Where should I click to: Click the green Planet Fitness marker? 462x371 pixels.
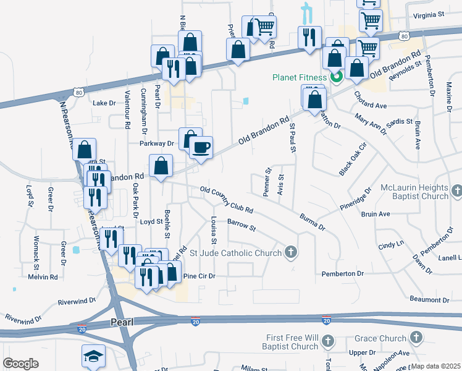tap(337, 77)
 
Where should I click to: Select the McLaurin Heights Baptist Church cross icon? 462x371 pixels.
tap(456, 192)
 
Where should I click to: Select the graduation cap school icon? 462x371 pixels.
tap(93, 356)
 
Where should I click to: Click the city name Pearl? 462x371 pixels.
tap(122, 322)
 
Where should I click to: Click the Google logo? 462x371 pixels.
tap(20, 364)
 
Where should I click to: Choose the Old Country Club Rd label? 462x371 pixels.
tap(227, 200)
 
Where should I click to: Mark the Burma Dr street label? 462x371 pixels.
tap(311, 222)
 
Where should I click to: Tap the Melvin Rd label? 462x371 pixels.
tap(43, 277)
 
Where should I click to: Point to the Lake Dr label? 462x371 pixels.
tap(104, 103)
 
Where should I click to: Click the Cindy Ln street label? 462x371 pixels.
tap(390, 245)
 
